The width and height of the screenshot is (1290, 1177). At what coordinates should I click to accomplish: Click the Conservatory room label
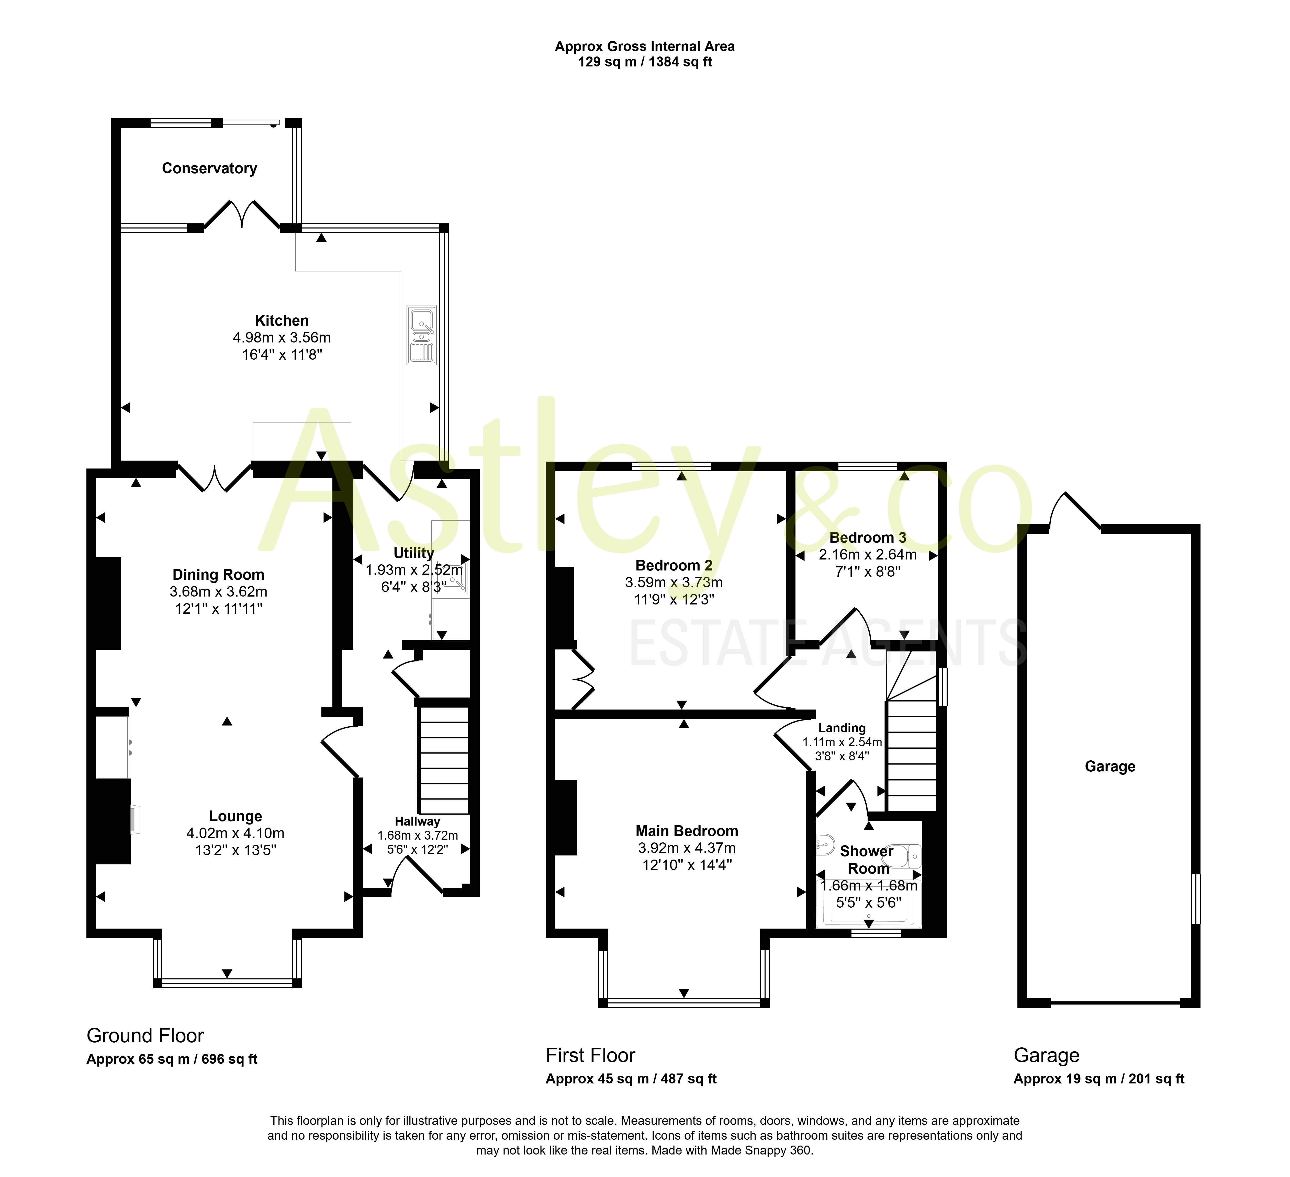click(x=209, y=168)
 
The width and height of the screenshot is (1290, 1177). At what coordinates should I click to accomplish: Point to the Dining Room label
click(x=218, y=574)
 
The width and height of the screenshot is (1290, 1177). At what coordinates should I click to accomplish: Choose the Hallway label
click(x=417, y=821)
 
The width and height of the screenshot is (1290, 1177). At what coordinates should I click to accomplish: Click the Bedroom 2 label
click(x=674, y=565)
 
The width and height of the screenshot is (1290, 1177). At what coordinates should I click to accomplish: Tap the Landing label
click(x=842, y=728)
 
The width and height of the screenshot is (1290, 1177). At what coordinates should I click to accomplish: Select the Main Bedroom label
click(x=687, y=831)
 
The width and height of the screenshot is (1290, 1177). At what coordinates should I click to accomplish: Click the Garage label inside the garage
click(x=1110, y=766)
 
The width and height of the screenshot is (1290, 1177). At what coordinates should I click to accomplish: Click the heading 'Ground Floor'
click(x=145, y=1036)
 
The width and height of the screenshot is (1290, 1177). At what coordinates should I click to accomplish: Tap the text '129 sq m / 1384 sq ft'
click(x=645, y=62)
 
